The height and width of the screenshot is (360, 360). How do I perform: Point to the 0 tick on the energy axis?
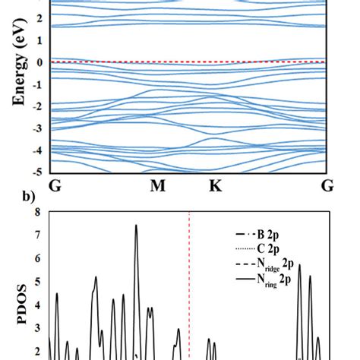tap(41, 61)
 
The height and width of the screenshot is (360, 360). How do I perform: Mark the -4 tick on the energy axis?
tap(39, 150)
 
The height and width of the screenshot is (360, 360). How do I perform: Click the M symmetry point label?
tap(157, 186)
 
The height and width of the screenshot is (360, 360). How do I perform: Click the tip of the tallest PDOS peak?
tap(136, 225)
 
